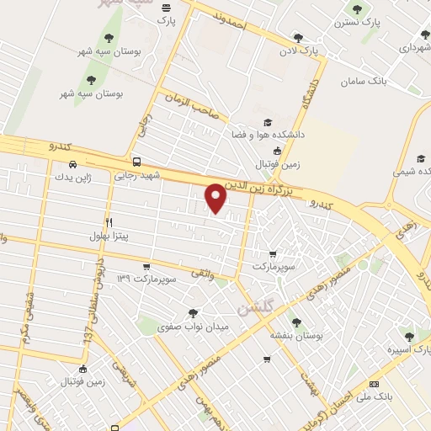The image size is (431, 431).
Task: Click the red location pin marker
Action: [216, 198]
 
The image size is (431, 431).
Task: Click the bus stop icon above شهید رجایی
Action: [136, 162]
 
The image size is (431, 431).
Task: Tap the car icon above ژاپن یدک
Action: [72, 164]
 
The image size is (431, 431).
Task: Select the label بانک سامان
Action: [364, 82]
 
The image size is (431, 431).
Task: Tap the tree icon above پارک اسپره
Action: [409, 337]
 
